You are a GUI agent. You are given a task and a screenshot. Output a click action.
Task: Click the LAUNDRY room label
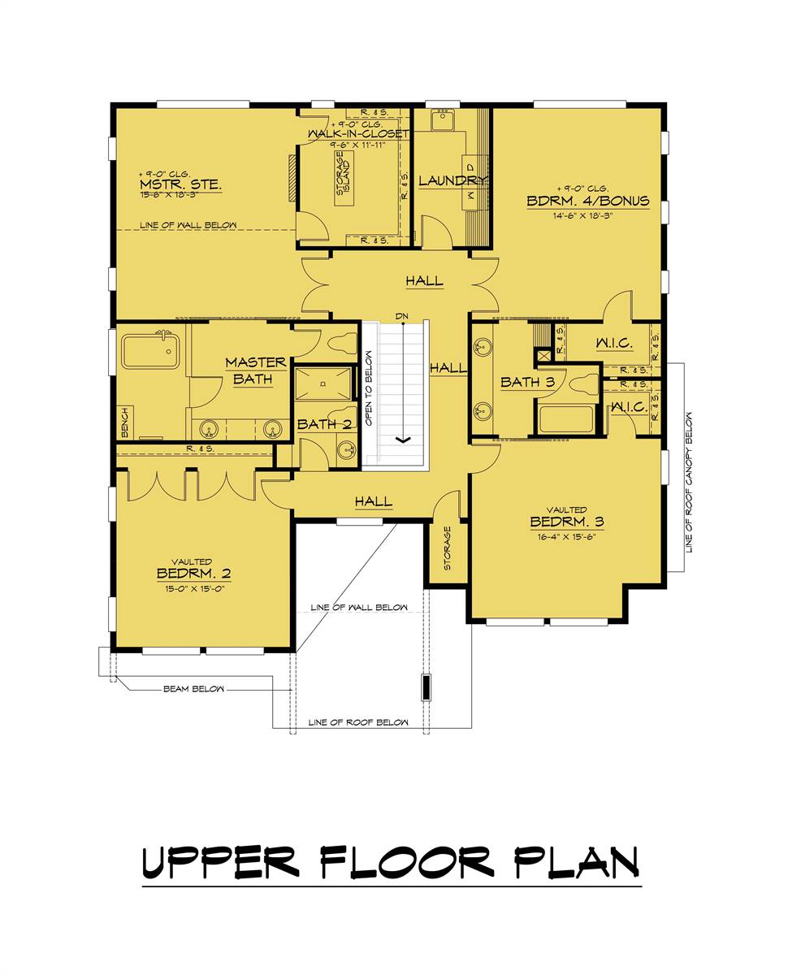click(x=452, y=180)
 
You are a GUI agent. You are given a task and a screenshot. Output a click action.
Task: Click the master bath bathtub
click(x=149, y=352)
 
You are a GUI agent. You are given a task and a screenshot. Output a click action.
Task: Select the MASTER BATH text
click(x=255, y=370)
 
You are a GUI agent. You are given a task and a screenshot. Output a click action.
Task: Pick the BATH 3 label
click(x=526, y=382)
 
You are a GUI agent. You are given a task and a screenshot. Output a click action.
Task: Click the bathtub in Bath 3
click(x=566, y=419)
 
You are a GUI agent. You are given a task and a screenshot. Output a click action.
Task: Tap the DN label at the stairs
click(x=402, y=316)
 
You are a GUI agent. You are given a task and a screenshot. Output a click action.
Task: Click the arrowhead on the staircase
click(x=402, y=440)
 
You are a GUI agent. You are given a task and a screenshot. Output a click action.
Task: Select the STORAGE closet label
click(x=446, y=548)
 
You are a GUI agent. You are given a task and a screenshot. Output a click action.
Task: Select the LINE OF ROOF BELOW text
click(x=358, y=722)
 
